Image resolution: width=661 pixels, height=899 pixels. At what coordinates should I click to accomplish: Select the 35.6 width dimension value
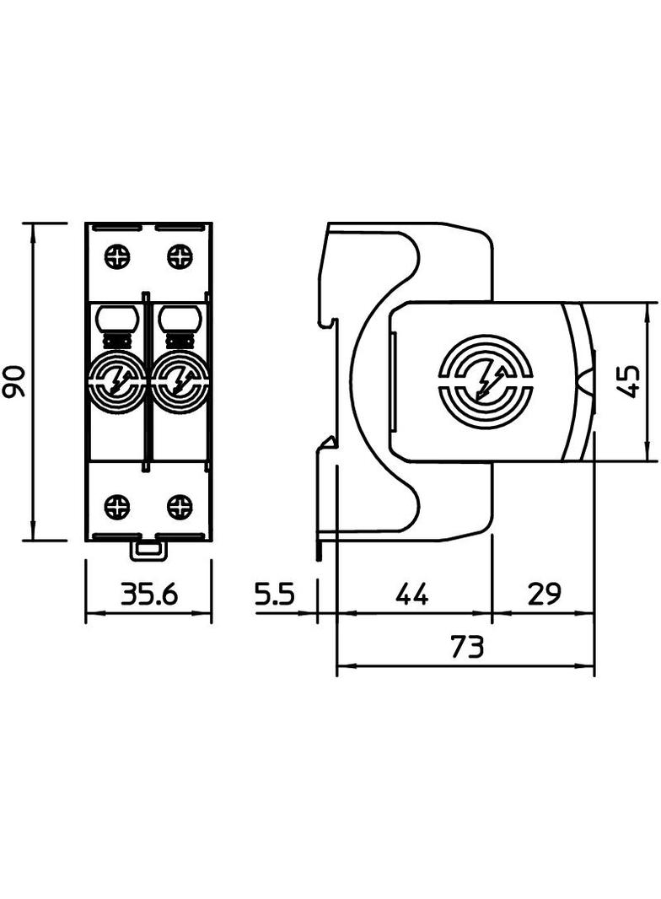[x=148, y=595]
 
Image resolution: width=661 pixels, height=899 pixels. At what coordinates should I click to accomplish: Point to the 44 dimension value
[x=412, y=595]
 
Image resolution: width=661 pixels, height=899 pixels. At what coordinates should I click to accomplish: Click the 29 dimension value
[x=544, y=595]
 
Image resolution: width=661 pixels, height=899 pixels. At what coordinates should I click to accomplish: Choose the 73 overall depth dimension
[x=466, y=648]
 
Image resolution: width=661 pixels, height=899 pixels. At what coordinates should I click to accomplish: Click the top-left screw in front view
[x=117, y=256]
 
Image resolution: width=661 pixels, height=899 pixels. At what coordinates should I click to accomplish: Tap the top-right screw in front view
[x=180, y=256]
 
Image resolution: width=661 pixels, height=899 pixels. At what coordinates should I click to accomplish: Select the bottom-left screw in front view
[x=117, y=507]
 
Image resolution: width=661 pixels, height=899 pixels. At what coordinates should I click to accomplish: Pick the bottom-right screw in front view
[x=180, y=507]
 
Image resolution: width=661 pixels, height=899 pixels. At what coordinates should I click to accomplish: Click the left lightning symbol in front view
[x=117, y=382]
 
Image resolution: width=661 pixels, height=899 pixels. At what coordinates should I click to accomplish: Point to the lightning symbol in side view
[x=486, y=382]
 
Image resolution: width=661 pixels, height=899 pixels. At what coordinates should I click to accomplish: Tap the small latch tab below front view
[x=148, y=551]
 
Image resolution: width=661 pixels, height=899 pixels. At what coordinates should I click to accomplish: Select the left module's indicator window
[x=117, y=318]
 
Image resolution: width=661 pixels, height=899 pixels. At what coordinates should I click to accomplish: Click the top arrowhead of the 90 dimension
[x=33, y=230]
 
